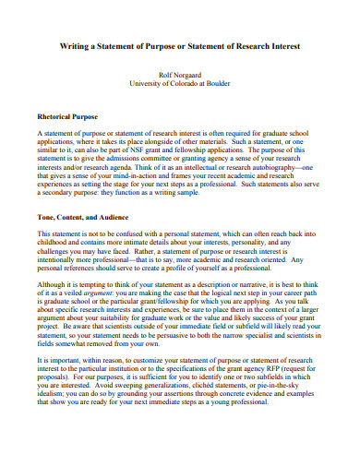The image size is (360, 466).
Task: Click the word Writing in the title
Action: (x=77, y=46)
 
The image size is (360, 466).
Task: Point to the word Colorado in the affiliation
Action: (x=186, y=86)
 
